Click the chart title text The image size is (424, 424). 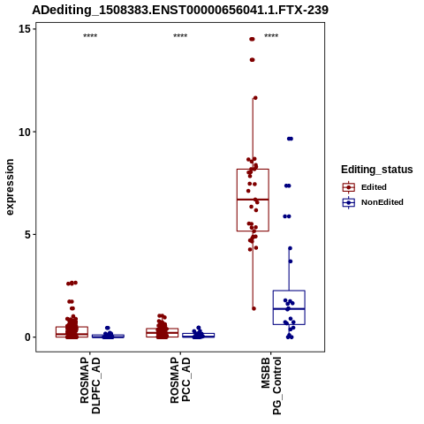point(180,10)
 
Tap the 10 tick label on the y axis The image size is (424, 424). point(24,132)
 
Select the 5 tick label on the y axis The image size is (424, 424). point(27,235)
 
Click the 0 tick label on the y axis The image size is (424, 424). point(27,337)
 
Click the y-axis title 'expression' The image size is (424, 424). point(10,187)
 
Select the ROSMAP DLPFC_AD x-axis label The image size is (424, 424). point(90,386)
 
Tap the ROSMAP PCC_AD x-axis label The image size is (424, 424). point(180,380)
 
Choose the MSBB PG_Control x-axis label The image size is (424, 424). point(271,386)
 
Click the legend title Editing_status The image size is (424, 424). point(377,170)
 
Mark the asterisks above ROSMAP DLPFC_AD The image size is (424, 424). point(90,35)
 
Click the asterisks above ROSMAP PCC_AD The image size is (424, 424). point(180,35)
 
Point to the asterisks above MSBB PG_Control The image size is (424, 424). point(271,35)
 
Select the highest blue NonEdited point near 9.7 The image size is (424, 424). point(290,139)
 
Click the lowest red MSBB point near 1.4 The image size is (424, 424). point(254,308)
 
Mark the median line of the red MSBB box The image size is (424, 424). point(253,200)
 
